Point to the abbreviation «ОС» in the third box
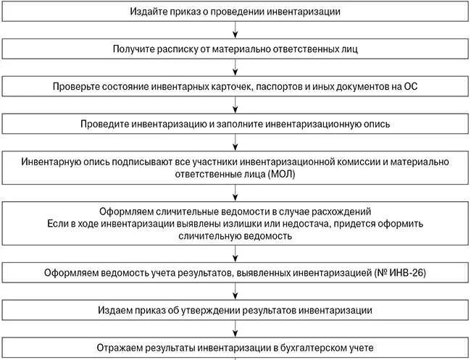(409, 87)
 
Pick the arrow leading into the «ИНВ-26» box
(235, 254)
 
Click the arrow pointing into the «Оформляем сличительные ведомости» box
(235, 192)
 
